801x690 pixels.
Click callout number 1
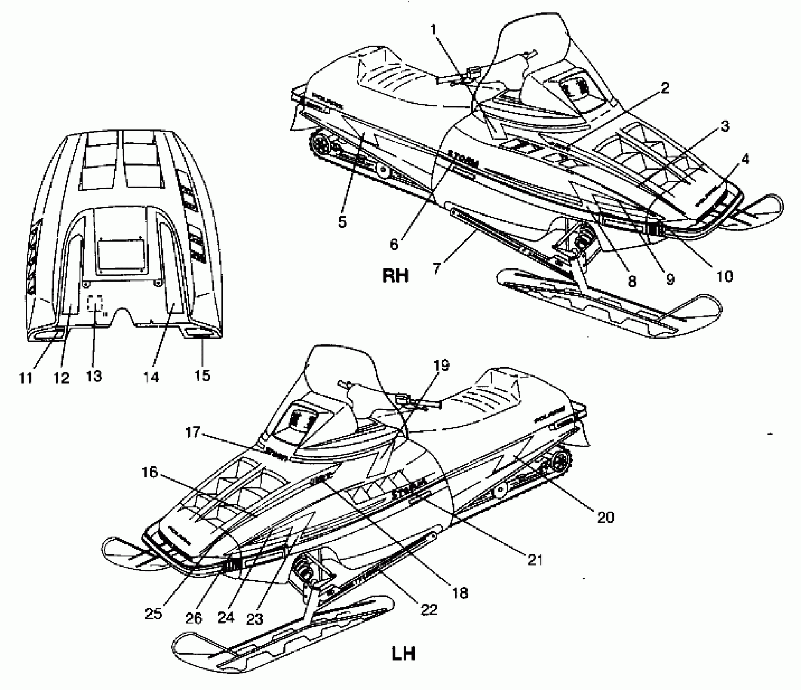click(x=433, y=29)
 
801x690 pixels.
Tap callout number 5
click(x=342, y=222)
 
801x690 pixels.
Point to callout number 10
click(x=724, y=276)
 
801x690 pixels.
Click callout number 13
click(x=93, y=376)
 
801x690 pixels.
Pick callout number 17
click(x=193, y=432)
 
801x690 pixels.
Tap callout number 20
click(x=605, y=517)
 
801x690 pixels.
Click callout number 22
click(x=429, y=609)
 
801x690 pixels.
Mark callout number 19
click(x=442, y=365)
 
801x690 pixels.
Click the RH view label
click(x=395, y=276)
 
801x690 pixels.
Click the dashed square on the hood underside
click(x=96, y=303)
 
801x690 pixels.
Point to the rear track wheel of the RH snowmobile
click(x=320, y=144)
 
